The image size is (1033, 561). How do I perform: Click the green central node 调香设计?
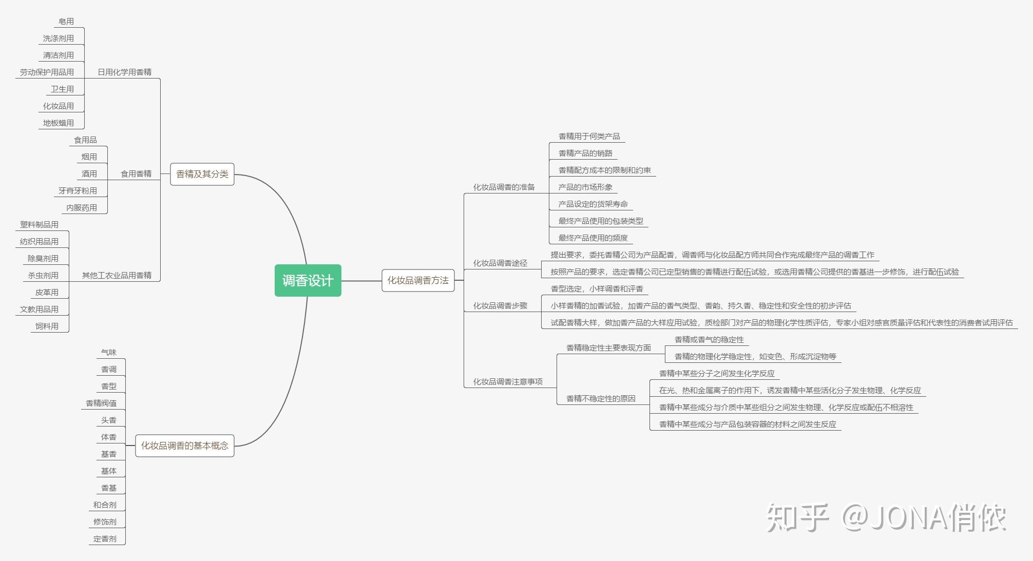[x=308, y=280]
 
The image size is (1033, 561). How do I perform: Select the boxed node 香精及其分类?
[x=202, y=174]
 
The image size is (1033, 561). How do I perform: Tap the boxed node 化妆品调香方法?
[x=417, y=280]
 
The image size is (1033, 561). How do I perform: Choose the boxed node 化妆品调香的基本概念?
[x=184, y=446]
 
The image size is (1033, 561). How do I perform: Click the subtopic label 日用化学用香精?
[x=124, y=72]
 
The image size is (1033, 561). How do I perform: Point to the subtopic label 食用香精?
[x=136, y=174]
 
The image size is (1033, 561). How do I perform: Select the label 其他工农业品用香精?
[x=117, y=276]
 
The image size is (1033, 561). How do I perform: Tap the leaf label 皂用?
[x=66, y=22]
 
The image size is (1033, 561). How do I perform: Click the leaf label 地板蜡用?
[x=58, y=123]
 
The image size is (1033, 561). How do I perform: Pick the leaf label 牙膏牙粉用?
[x=78, y=191]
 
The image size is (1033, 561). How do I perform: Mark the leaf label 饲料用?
[x=47, y=326]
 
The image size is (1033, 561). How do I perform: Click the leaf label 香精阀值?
[x=101, y=403]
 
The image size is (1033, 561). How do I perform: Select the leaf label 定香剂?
[x=105, y=539]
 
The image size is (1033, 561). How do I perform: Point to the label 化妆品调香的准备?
[x=504, y=187]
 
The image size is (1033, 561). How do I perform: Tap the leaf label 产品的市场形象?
[x=585, y=187]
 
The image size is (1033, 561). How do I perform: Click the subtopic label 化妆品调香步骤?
[x=500, y=306]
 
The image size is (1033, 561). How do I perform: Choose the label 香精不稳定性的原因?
[x=601, y=399]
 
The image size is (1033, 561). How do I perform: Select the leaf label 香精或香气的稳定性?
[x=709, y=340]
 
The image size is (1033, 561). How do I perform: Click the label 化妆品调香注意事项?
[x=507, y=382]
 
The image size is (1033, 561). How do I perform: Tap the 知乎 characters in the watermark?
[x=797, y=517]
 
